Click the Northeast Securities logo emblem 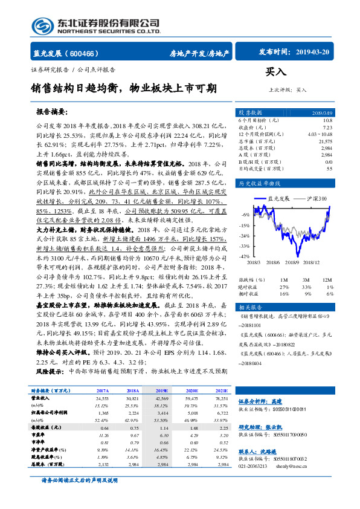(x=43, y=26)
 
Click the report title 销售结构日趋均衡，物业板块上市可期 (x=124, y=88)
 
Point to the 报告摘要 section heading (x=52, y=112)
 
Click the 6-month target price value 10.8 (x=329, y=120)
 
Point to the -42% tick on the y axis (x=245, y=257)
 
